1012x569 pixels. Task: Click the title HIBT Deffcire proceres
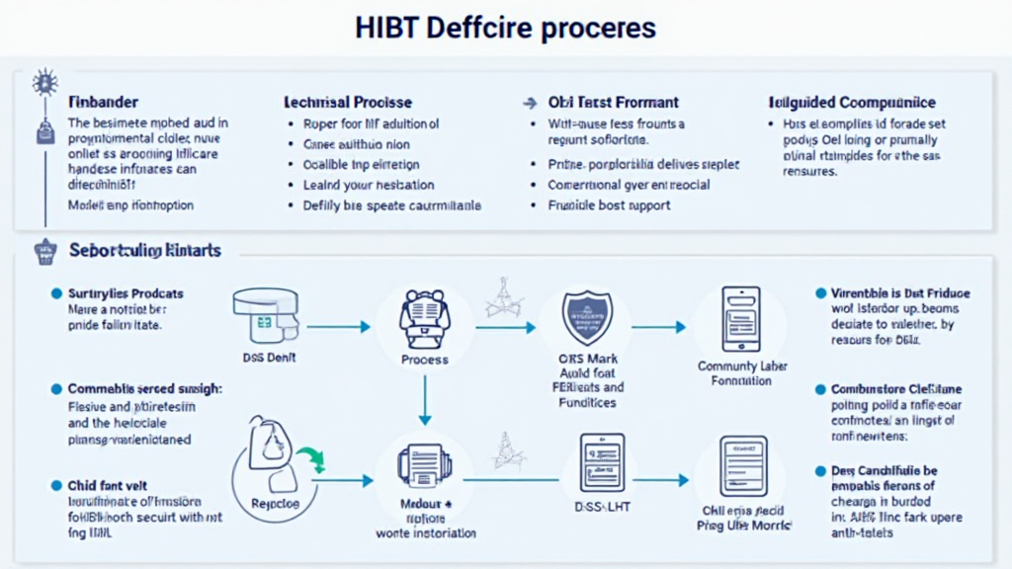coord(505,27)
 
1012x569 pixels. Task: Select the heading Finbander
coord(103,102)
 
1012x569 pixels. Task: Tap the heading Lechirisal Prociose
coord(348,102)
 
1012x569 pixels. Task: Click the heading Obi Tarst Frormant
coord(613,102)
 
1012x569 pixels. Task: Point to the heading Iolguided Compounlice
coord(852,102)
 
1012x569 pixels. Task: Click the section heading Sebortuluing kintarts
coord(145,251)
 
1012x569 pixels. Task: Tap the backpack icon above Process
coord(424,317)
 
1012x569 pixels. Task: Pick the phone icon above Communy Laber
coord(740,318)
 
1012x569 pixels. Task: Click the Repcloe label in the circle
coord(276,503)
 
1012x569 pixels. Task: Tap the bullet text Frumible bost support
coord(609,205)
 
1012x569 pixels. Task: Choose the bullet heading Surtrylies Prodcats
coord(126,293)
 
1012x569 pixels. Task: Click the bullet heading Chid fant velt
coord(109,485)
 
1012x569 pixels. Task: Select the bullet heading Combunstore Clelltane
coord(897,389)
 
